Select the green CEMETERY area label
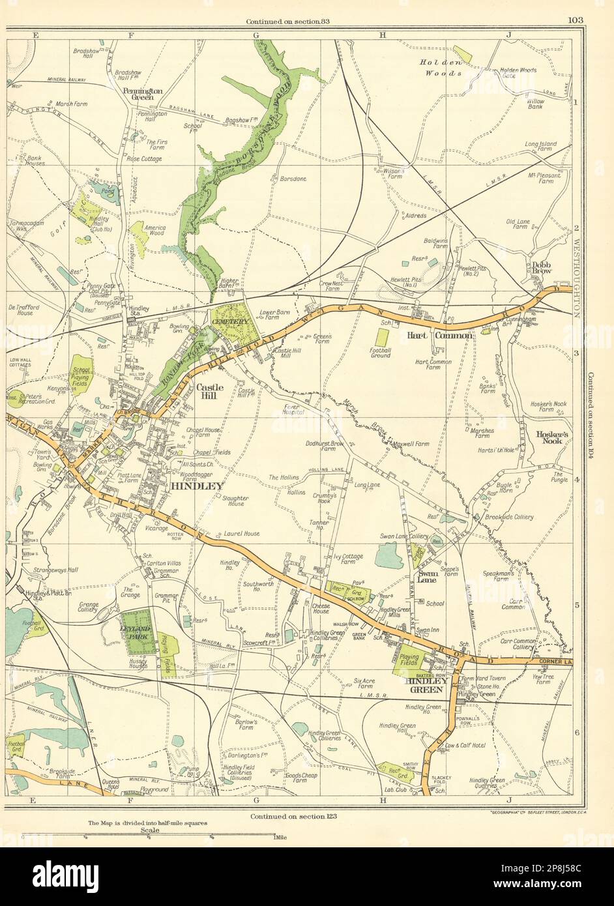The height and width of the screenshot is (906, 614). (229, 322)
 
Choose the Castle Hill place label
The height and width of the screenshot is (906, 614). (210, 390)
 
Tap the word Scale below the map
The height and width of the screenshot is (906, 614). (149, 830)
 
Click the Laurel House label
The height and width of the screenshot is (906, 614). (241, 533)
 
